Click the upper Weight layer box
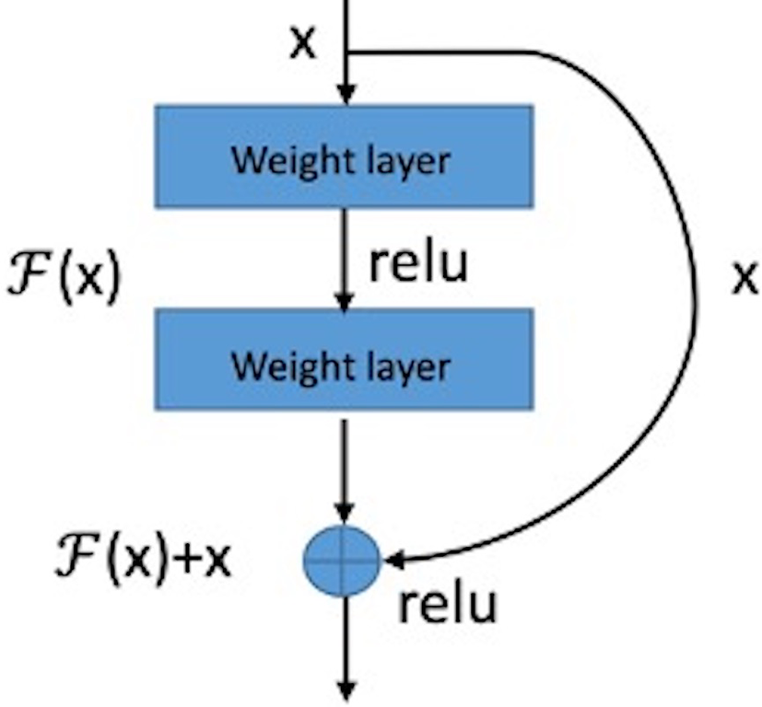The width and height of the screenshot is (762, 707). point(343,156)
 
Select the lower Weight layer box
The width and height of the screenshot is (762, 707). point(343,360)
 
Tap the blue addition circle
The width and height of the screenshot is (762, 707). point(342,559)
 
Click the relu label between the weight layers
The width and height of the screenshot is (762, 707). point(418,263)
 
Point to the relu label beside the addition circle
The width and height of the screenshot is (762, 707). point(447,604)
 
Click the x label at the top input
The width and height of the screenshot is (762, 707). point(302,42)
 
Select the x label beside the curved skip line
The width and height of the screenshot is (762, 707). point(744,277)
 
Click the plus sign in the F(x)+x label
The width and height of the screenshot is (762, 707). point(187,560)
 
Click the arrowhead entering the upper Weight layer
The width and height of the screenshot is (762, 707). point(345,95)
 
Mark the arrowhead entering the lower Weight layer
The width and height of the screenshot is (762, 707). point(344,300)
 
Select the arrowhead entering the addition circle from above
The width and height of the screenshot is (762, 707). point(344,511)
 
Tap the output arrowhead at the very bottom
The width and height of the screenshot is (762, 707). point(345,690)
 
